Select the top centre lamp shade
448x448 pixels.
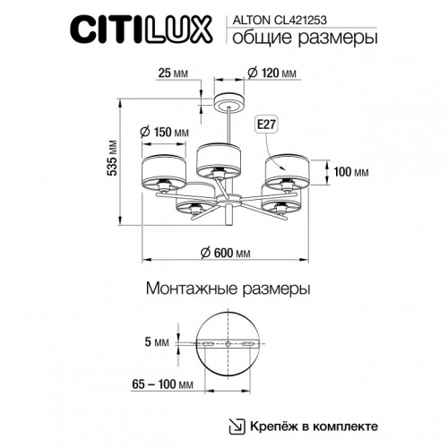pos(216,158)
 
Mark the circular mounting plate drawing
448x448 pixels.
pos(228,345)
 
